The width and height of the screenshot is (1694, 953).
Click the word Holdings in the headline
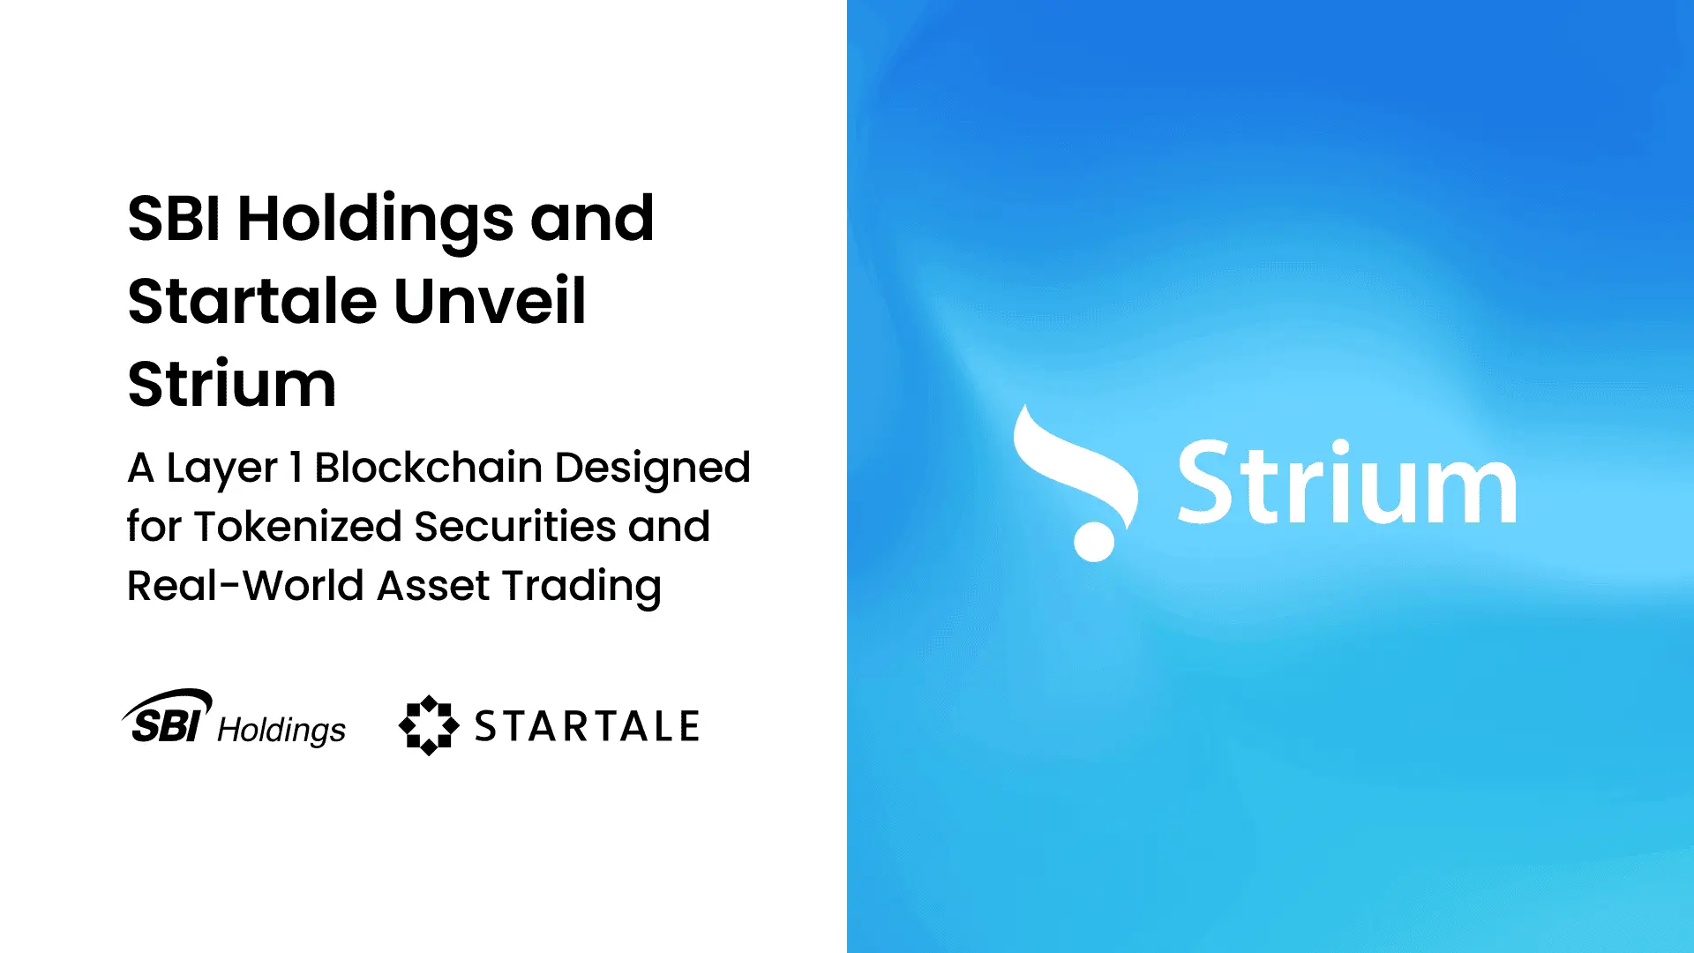(375, 219)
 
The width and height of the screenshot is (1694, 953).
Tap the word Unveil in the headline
(490, 302)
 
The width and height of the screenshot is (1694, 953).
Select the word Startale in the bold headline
(252, 302)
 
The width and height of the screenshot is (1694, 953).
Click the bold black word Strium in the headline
(232, 385)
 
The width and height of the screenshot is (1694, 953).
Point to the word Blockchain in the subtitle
(428, 468)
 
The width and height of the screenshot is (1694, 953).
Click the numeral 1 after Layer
(296, 468)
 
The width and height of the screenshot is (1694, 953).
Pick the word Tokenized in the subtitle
(298, 527)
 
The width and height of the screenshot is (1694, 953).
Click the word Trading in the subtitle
(581, 586)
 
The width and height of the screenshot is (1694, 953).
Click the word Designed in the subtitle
(652, 468)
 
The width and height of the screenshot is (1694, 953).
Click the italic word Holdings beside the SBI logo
(281, 731)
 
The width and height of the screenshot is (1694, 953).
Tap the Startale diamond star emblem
(429, 725)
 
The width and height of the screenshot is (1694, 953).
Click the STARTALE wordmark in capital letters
(587, 726)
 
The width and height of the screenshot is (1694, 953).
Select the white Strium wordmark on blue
(1346, 484)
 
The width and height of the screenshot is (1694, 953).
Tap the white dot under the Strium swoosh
(1094, 541)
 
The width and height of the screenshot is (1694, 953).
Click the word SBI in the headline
(174, 219)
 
